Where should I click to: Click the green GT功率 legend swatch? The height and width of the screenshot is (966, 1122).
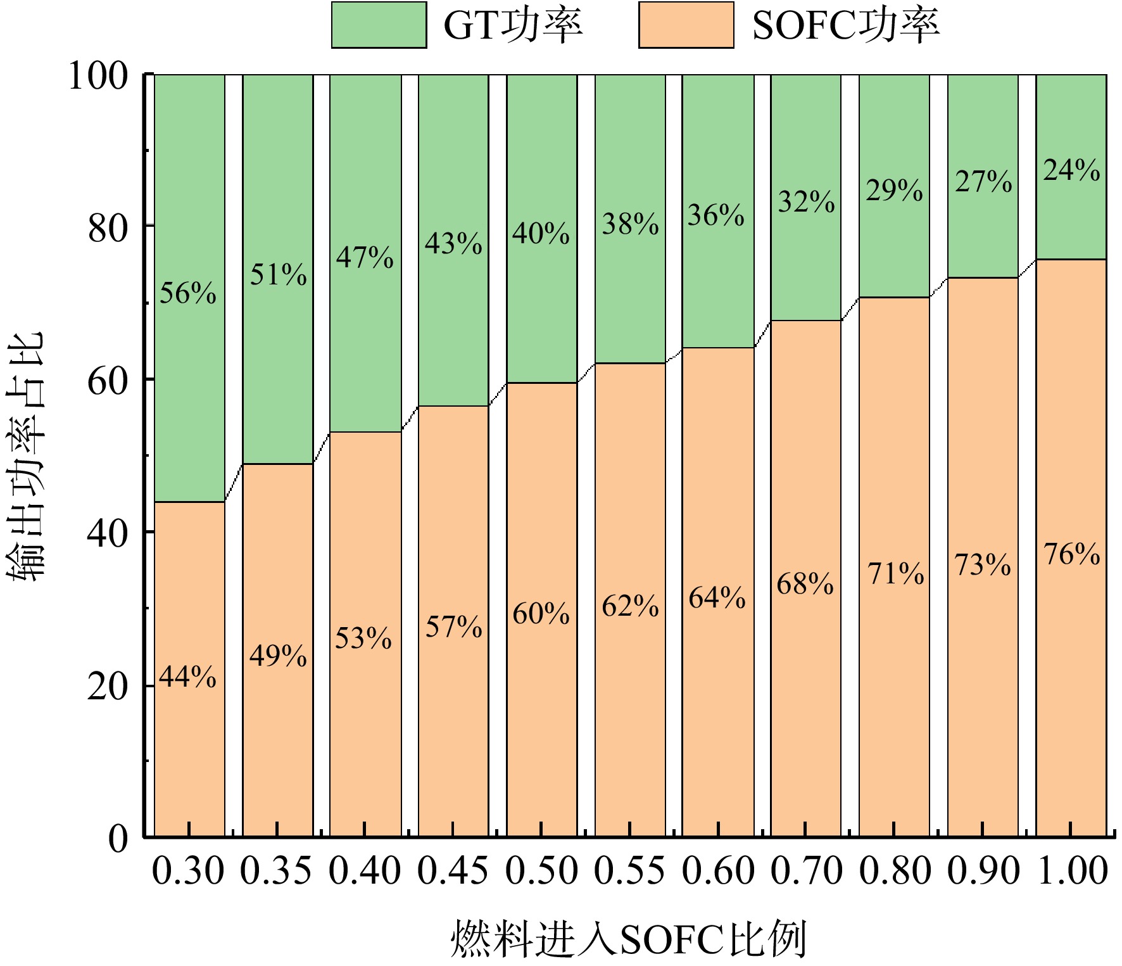(379, 25)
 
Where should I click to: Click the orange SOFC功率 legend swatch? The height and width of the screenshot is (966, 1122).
(686, 25)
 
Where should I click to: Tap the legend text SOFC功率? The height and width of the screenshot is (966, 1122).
(845, 26)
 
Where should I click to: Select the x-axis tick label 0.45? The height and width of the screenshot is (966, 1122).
(453, 870)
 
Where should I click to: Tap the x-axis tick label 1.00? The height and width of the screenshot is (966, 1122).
(1073, 870)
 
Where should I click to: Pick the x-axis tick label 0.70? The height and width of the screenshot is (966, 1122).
(806, 870)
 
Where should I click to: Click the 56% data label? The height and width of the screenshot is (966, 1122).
(188, 293)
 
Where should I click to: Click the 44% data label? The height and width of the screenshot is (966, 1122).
(187, 677)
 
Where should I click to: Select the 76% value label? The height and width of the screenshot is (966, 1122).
(1072, 554)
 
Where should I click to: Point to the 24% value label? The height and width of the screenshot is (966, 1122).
(1072, 170)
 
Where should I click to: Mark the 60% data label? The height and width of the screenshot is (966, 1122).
(541, 614)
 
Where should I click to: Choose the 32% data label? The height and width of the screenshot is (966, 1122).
(807, 202)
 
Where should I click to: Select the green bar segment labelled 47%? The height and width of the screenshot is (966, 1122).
(366, 253)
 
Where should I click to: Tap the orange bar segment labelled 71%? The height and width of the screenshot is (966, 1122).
(895, 567)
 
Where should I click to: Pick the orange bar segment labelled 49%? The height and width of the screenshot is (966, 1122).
(278, 651)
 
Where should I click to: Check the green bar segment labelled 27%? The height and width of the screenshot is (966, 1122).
(983, 176)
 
